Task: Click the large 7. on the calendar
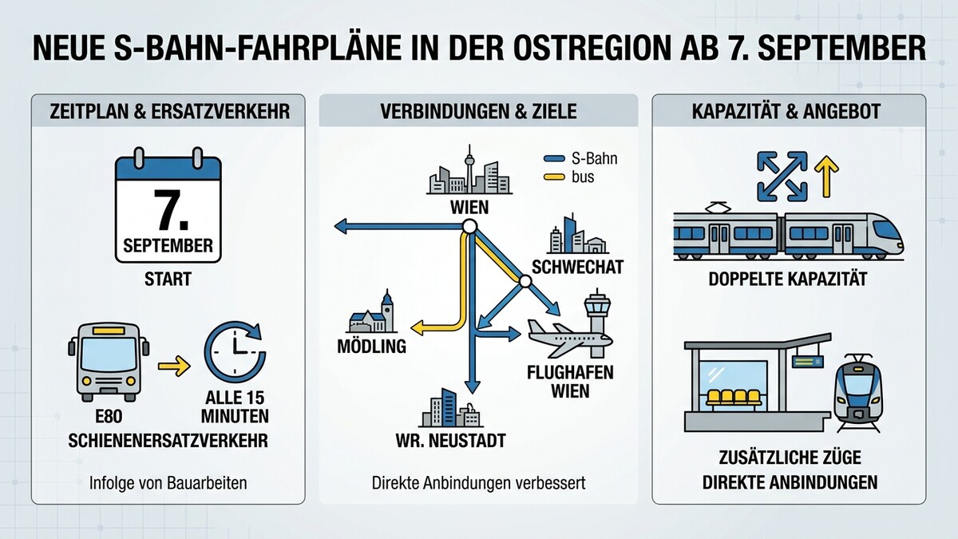(x=171, y=210)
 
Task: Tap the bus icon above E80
(x=109, y=362)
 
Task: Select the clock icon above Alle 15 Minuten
(x=235, y=351)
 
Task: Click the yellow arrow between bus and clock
(x=174, y=367)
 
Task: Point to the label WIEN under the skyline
(x=469, y=208)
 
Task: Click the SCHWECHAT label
(x=578, y=267)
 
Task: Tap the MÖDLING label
(x=372, y=346)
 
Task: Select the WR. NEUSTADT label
(x=451, y=441)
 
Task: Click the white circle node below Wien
(x=469, y=227)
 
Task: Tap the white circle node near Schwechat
(x=525, y=281)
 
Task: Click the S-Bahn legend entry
(x=580, y=159)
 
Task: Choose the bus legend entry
(x=568, y=176)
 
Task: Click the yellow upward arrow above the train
(x=826, y=176)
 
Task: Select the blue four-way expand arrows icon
(x=782, y=176)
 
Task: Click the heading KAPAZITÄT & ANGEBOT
(x=786, y=112)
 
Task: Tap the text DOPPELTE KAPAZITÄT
(x=788, y=279)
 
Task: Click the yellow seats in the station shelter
(x=734, y=398)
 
